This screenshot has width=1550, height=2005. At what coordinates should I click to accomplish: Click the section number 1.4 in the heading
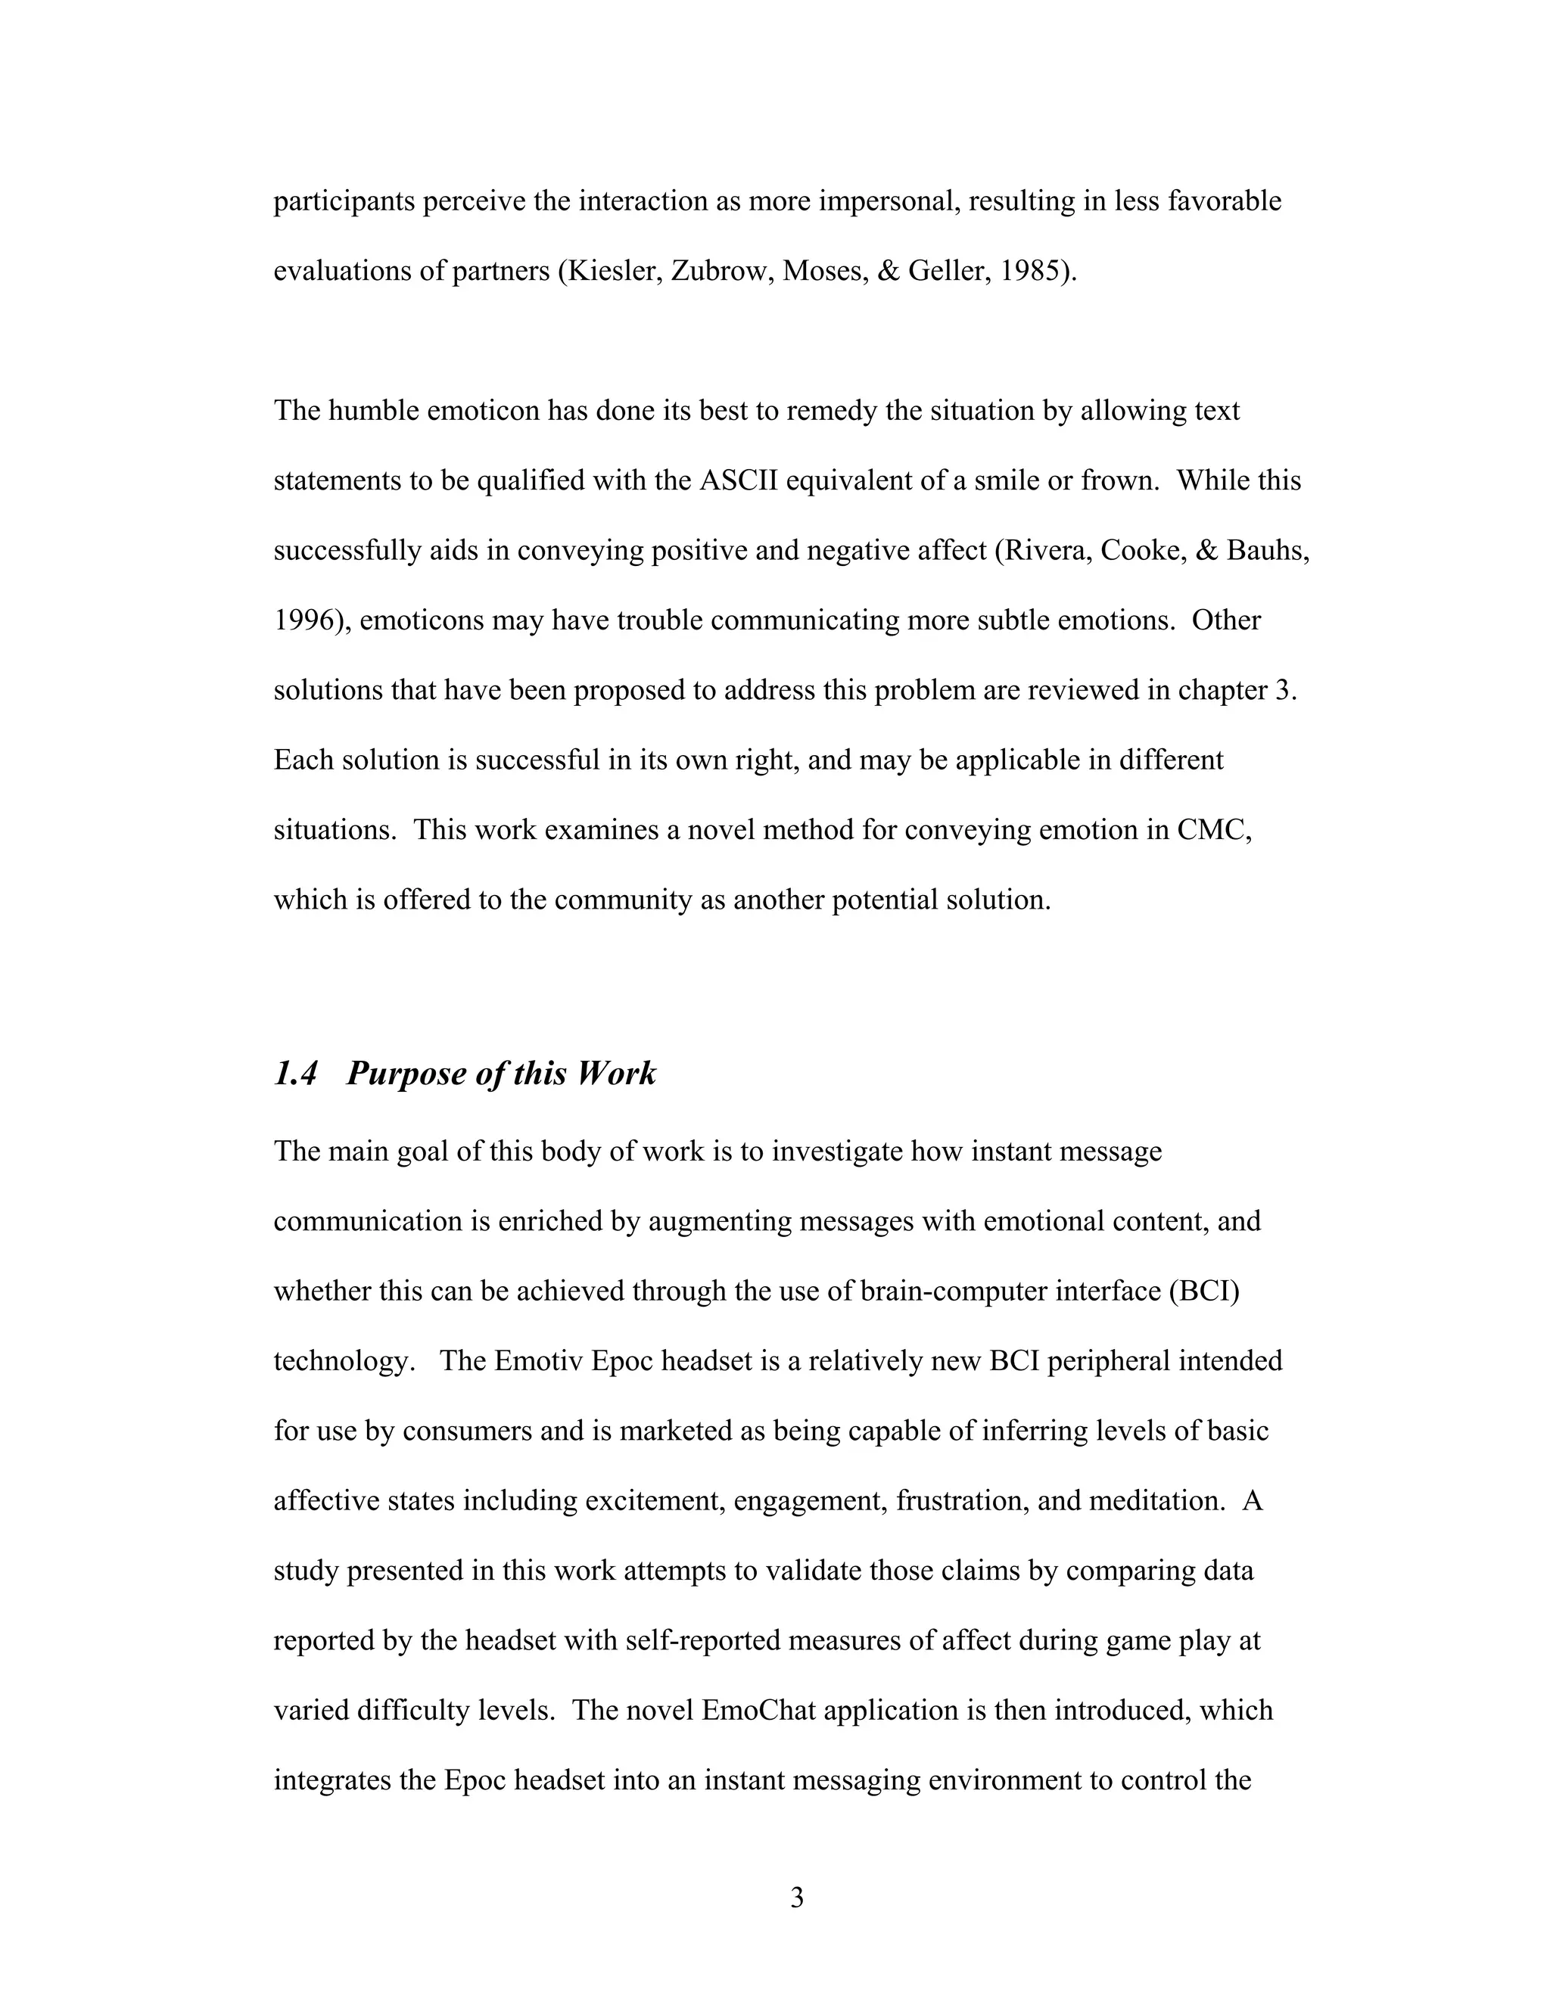[296, 1073]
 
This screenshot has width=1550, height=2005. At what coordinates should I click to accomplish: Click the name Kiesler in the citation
[611, 271]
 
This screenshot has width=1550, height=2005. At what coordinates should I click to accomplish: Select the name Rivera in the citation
[1043, 550]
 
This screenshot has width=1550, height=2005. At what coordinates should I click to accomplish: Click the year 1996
[305, 620]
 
